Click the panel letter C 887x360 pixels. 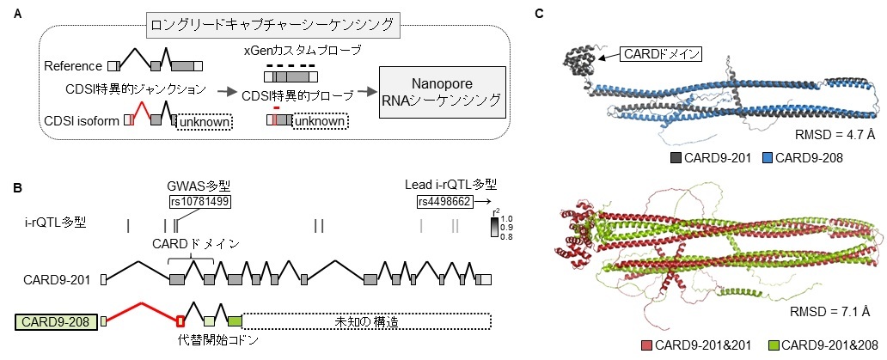[x=538, y=14]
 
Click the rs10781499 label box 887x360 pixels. [x=200, y=201]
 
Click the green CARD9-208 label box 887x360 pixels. [x=56, y=321]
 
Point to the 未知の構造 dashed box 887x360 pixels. [x=365, y=321]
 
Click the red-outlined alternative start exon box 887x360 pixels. [x=180, y=321]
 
